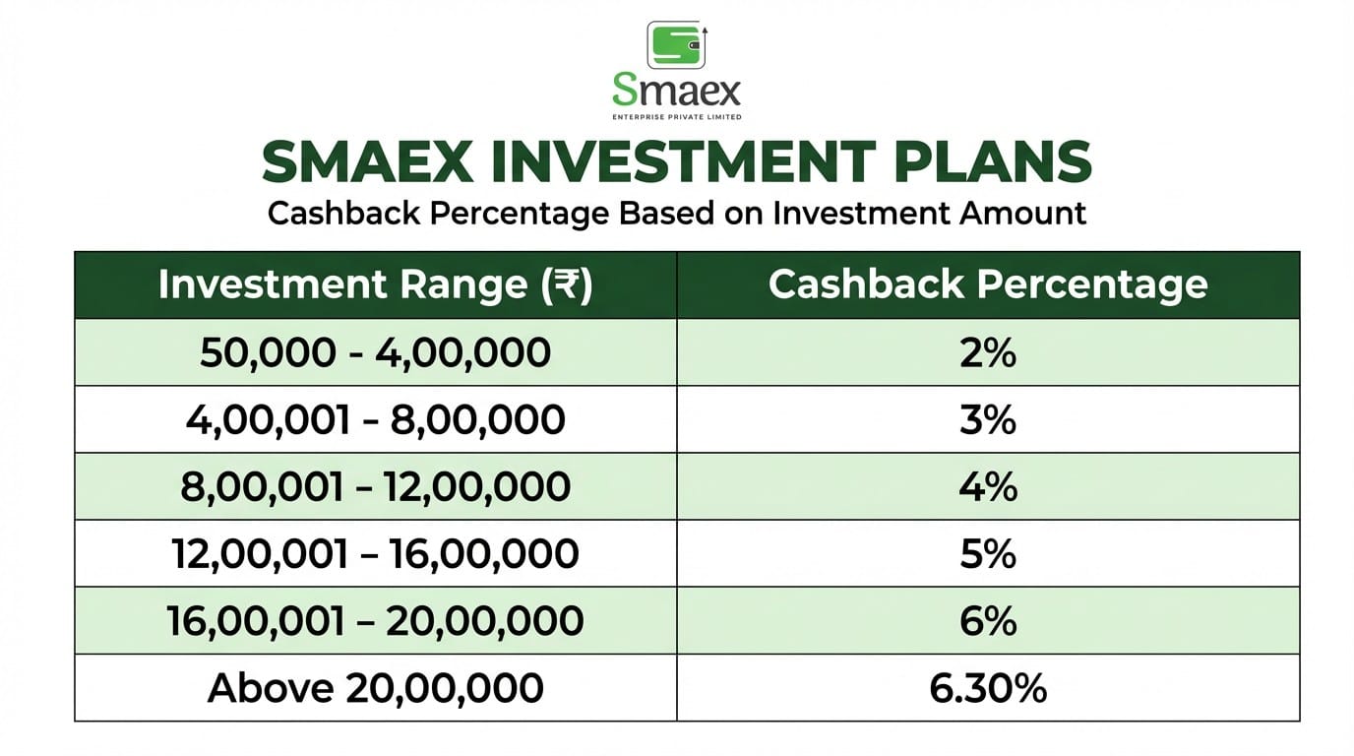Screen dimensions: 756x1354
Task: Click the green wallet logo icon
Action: click(x=676, y=44)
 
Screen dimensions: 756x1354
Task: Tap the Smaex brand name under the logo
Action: click(x=676, y=93)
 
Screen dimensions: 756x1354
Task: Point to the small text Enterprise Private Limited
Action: click(x=676, y=117)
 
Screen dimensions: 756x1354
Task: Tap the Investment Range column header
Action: click(x=375, y=284)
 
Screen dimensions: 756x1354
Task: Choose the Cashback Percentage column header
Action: click(x=987, y=284)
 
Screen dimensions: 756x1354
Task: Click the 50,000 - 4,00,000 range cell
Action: click(x=375, y=352)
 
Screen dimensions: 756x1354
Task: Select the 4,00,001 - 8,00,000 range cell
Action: click(x=375, y=420)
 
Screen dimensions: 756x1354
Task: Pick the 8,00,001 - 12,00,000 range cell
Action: click(x=375, y=487)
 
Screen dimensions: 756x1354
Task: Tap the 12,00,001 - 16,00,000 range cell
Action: click(x=375, y=554)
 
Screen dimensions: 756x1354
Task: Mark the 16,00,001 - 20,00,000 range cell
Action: click(x=375, y=621)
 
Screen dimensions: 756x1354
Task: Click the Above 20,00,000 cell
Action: click(x=375, y=688)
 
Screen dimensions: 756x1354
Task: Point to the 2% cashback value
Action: click(x=987, y=352)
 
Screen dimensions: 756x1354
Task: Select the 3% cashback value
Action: click(x=987, y=420)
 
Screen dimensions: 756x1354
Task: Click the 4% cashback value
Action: click(x=987, y=487)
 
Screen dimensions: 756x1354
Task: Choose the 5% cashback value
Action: click(x=987, y=554)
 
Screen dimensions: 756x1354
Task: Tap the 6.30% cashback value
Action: click(x=987, y=688)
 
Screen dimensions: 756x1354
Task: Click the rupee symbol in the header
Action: click(x=564, y=285)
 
